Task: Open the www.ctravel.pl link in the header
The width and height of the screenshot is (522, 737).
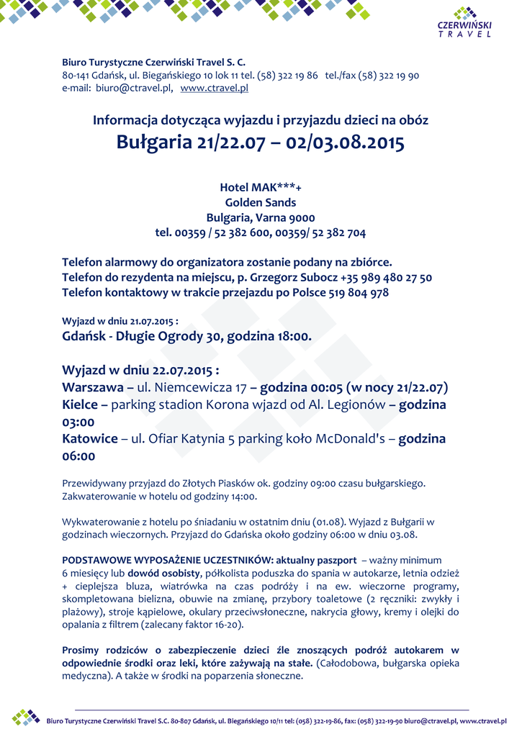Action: [214, 88]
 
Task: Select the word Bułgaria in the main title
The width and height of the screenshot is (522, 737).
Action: [153, 143]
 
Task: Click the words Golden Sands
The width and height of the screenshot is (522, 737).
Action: [260, 202]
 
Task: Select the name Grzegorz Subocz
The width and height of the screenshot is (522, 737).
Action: [296, 277]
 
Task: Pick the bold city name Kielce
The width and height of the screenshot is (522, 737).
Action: [81, 404]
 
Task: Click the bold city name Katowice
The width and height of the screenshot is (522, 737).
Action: [89, 438]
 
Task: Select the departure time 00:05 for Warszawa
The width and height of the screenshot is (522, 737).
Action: [323, 387]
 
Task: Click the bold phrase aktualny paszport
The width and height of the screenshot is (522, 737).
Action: [318, 559]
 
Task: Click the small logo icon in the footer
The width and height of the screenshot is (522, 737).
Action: [26, 717]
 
